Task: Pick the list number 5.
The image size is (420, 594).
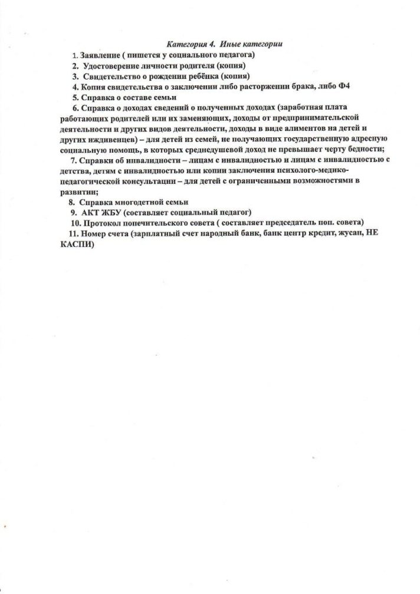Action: point(75,97)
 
